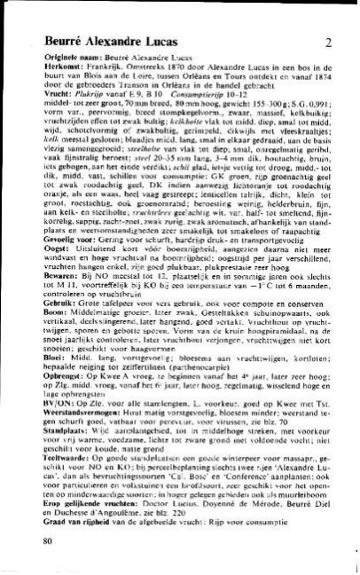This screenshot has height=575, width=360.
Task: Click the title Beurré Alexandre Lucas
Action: [x=110, y=41]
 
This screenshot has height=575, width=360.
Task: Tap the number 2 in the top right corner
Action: [x=327, y=42]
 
